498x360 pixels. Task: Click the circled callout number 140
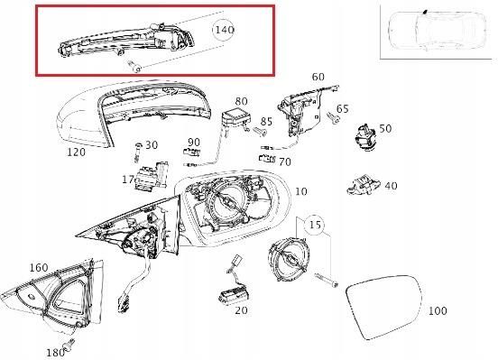pyautogui.click(x=225, y=30)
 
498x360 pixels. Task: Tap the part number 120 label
pyautogui.click(x=76, y=152)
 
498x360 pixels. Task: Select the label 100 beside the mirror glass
pyautogui.click(x=437, y=311)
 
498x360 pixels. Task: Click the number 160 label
pyautogui.click(x=38, y=268)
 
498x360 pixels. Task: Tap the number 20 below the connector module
pyautogui.click(x=240, y=310)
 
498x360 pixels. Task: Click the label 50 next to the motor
pyautogui.click(x=385, y=129)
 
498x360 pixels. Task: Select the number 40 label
pyautogui.click(x=390, y=186)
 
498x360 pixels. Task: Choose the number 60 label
pyautogui.click(x=318, y=78)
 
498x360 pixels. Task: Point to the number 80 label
pyautogui.click(x=241, y=101)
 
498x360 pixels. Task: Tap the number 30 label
pyautogui.click(x=151, y=145)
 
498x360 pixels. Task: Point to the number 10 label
pyautogui.click(x=300, y=191)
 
